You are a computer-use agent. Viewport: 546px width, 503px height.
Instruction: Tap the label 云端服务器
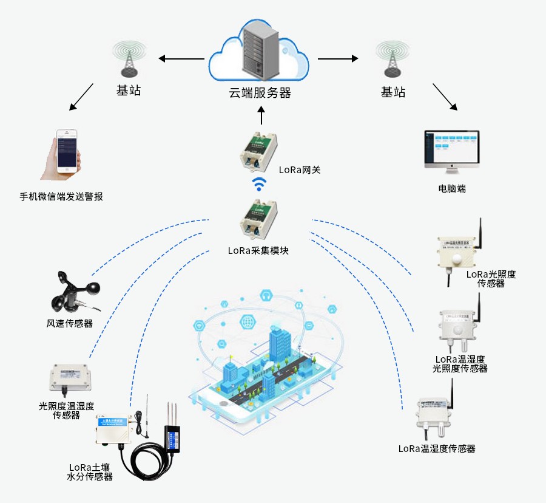click(260, 93)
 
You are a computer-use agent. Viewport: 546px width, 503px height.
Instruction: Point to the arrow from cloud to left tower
click(181, 59)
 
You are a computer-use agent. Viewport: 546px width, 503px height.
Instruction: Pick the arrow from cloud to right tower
click(338, 59)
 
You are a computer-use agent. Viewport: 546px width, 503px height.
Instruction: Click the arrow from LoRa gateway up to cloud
click(261, 116)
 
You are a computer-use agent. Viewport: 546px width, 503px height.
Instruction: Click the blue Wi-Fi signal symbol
click(260, 184)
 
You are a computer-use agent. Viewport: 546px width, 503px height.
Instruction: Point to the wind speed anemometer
click(74, 292)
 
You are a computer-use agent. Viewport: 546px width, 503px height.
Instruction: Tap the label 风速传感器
click(70, 324)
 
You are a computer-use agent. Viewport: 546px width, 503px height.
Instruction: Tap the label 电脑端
click(452, 189)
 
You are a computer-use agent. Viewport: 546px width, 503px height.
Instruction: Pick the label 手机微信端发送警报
click(61, 197)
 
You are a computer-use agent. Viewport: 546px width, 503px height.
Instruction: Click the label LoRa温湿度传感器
click(437, 449)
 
